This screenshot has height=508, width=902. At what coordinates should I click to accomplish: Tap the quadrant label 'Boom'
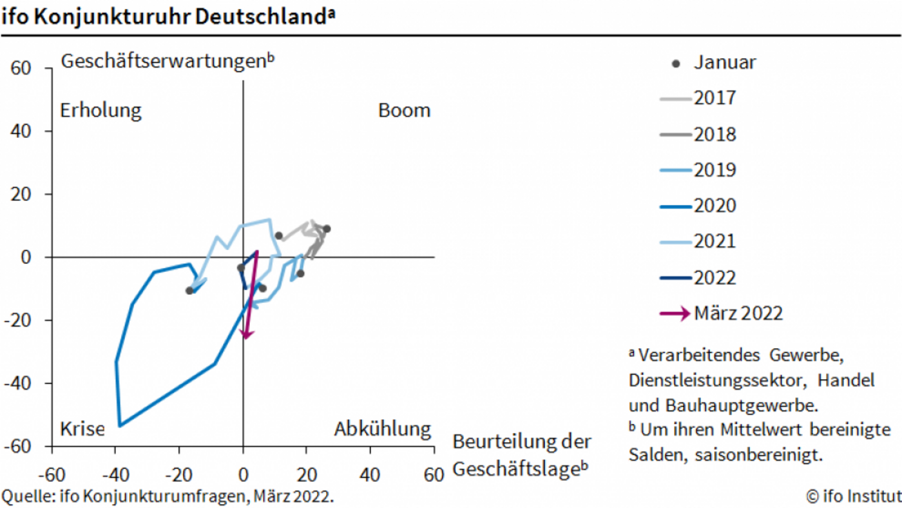point(404,110)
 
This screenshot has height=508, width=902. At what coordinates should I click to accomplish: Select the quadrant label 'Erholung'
point(101,110)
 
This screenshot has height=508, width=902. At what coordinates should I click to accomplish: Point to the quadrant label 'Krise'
point(82,429)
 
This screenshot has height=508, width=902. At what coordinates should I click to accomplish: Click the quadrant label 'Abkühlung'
point(382,429)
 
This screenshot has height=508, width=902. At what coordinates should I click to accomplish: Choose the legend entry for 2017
point(715,99)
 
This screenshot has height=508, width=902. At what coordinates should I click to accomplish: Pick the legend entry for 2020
point(715,206)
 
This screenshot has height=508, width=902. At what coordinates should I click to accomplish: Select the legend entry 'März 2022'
point(738,313)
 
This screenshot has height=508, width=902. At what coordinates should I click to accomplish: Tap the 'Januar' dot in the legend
point(676,63)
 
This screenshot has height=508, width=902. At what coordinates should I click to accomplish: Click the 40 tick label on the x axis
point(370,476)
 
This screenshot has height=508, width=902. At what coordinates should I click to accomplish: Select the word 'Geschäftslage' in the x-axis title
point(513,470)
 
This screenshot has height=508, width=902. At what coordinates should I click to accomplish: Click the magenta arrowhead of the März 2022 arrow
point(246,334)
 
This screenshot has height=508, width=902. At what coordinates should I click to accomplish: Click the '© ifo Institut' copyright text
point(853,496)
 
